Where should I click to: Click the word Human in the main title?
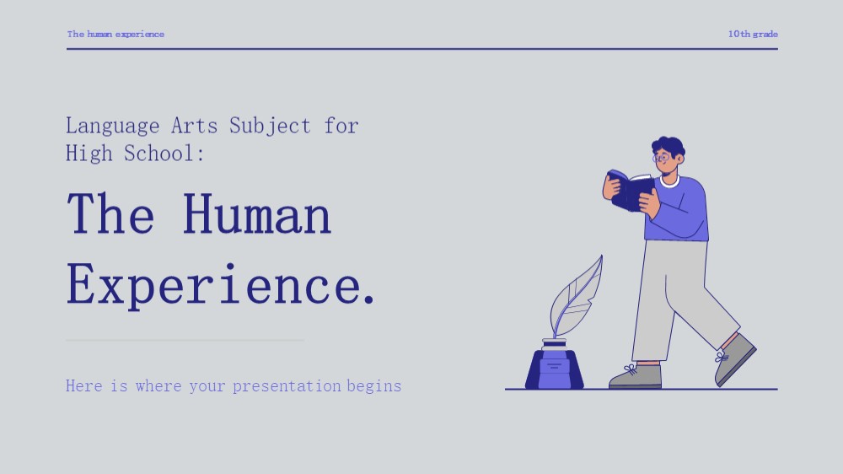coord(257,215)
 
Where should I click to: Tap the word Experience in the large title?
coord(213,286)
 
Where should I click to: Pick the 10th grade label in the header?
coord(753,34)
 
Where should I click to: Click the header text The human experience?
coord(115,34)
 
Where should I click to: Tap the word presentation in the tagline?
coord(287,386)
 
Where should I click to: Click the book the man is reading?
coord(630,191)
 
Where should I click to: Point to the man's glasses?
coord(661,159)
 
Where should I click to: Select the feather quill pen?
coord(576,299)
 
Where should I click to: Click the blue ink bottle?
coord(555,365)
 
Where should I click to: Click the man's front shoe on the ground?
coord(636,377)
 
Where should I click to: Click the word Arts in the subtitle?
coord(194,126)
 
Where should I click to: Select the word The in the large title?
coord(110,215)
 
